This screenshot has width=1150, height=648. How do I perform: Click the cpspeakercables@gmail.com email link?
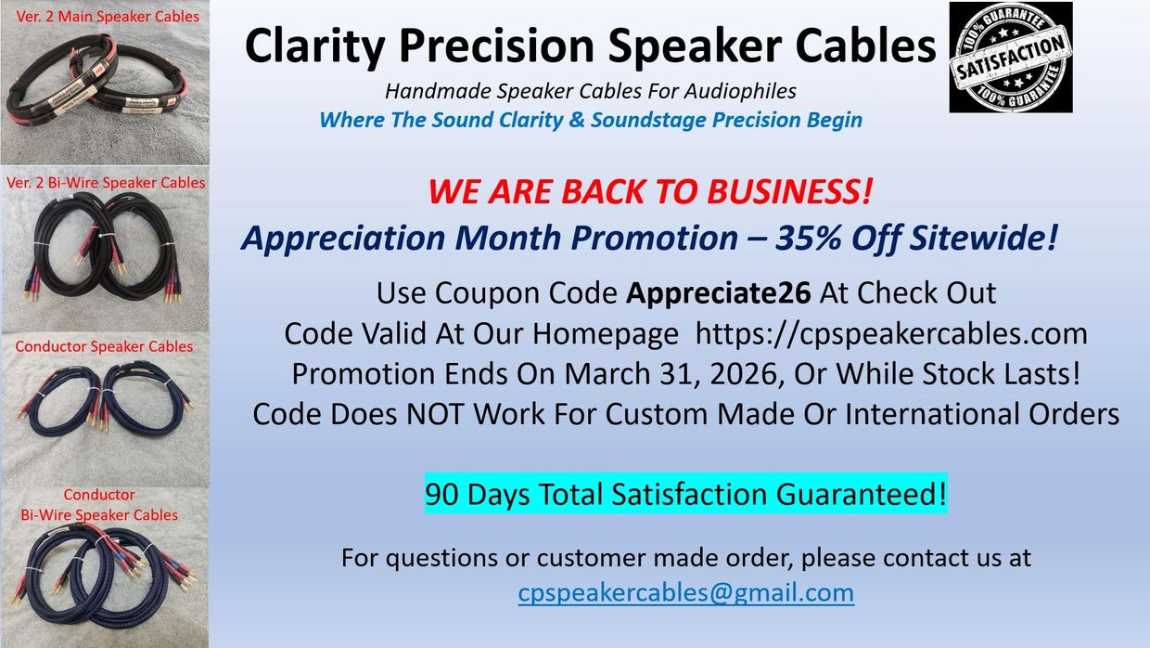tap(686, 593)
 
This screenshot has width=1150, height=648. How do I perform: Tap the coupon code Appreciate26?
tap(718, 293)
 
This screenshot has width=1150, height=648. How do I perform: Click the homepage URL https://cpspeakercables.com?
tap(891, 334)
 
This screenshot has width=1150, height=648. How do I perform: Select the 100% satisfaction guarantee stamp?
tap(1010, 57)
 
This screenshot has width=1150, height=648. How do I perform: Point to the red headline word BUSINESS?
tap(789, 191)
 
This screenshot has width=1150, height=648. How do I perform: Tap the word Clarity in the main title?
tap(314, 46)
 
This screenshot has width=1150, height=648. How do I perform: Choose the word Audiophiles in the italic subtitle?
tap(740, 92)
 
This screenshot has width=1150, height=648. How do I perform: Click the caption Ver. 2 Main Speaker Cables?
tap(108, 17)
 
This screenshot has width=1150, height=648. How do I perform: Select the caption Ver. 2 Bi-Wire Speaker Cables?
tap(105, 183)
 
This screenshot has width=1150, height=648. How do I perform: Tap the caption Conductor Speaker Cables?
tap(104, 346)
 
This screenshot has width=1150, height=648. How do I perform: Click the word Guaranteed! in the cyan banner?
tap(861, 494)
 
